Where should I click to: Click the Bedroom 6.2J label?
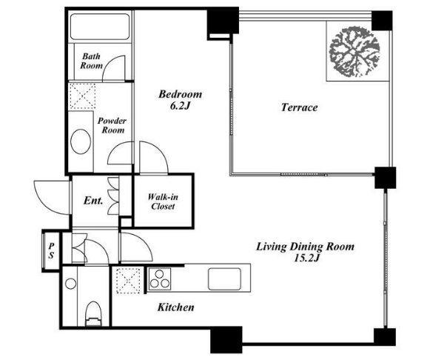pos(181,100)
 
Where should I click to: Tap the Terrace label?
pos(299,107)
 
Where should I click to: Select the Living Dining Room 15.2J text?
pos(306,252)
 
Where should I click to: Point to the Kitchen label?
pos(176,307)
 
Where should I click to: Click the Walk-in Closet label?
pos(163,201)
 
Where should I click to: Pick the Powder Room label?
pos(112,125)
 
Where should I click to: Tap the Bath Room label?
pos(91,61)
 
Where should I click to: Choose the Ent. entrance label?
pos(93,201)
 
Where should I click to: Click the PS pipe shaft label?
pos(51,250)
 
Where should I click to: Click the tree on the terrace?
pos(354,52)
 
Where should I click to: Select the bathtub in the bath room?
pos(100,27)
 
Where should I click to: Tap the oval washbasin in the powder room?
pos(81,141)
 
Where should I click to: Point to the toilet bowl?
pos(93,313)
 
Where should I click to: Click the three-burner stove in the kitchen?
pos(159,279)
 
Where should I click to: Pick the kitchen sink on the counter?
pos(225,279)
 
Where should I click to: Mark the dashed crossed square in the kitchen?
pos(128,281)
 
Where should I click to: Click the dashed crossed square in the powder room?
pos(82,96)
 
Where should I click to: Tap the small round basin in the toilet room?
pos(71,284)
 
